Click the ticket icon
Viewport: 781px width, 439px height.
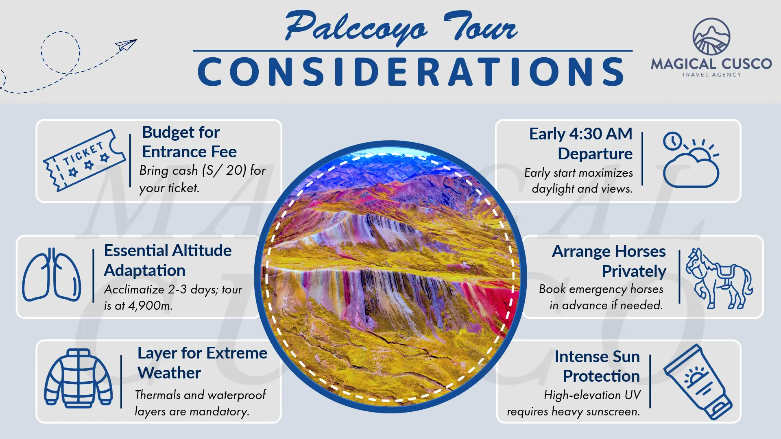pyautogui.click(x=84, y=160)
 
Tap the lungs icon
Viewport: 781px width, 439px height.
pyautogui.click(x=52, y=275)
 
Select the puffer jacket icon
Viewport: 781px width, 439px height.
pyautogui.click(x=78, y=378)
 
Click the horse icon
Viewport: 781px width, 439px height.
pyautogui.click(x=719, y=278)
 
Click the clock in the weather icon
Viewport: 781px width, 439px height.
pyautogui.click(x=672, y=141)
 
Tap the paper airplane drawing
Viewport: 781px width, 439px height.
pyautogui.click(x=126, y=45)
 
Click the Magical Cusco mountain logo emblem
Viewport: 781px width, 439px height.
pyautogui.click(x=711, y=37)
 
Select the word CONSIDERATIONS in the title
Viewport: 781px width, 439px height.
pyautogui.click(x=411, y=72)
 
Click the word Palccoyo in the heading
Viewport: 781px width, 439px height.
pyautogui.click(x=356, y=28)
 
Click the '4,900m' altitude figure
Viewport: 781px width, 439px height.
pyautogui.click(x=150, y=305)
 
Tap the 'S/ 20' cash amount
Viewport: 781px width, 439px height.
pyautogui.click(x=224, y=170)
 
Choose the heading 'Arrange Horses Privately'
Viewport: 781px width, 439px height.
pyautogui.click(x=609, y=261)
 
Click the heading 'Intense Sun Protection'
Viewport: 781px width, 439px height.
pyautogui.click(x=597, y=366)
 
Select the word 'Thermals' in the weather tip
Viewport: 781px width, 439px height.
pyautogui.click(x=158, y=395)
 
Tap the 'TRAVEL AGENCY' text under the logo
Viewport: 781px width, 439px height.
pyautogui.click(x=711, y=75)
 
